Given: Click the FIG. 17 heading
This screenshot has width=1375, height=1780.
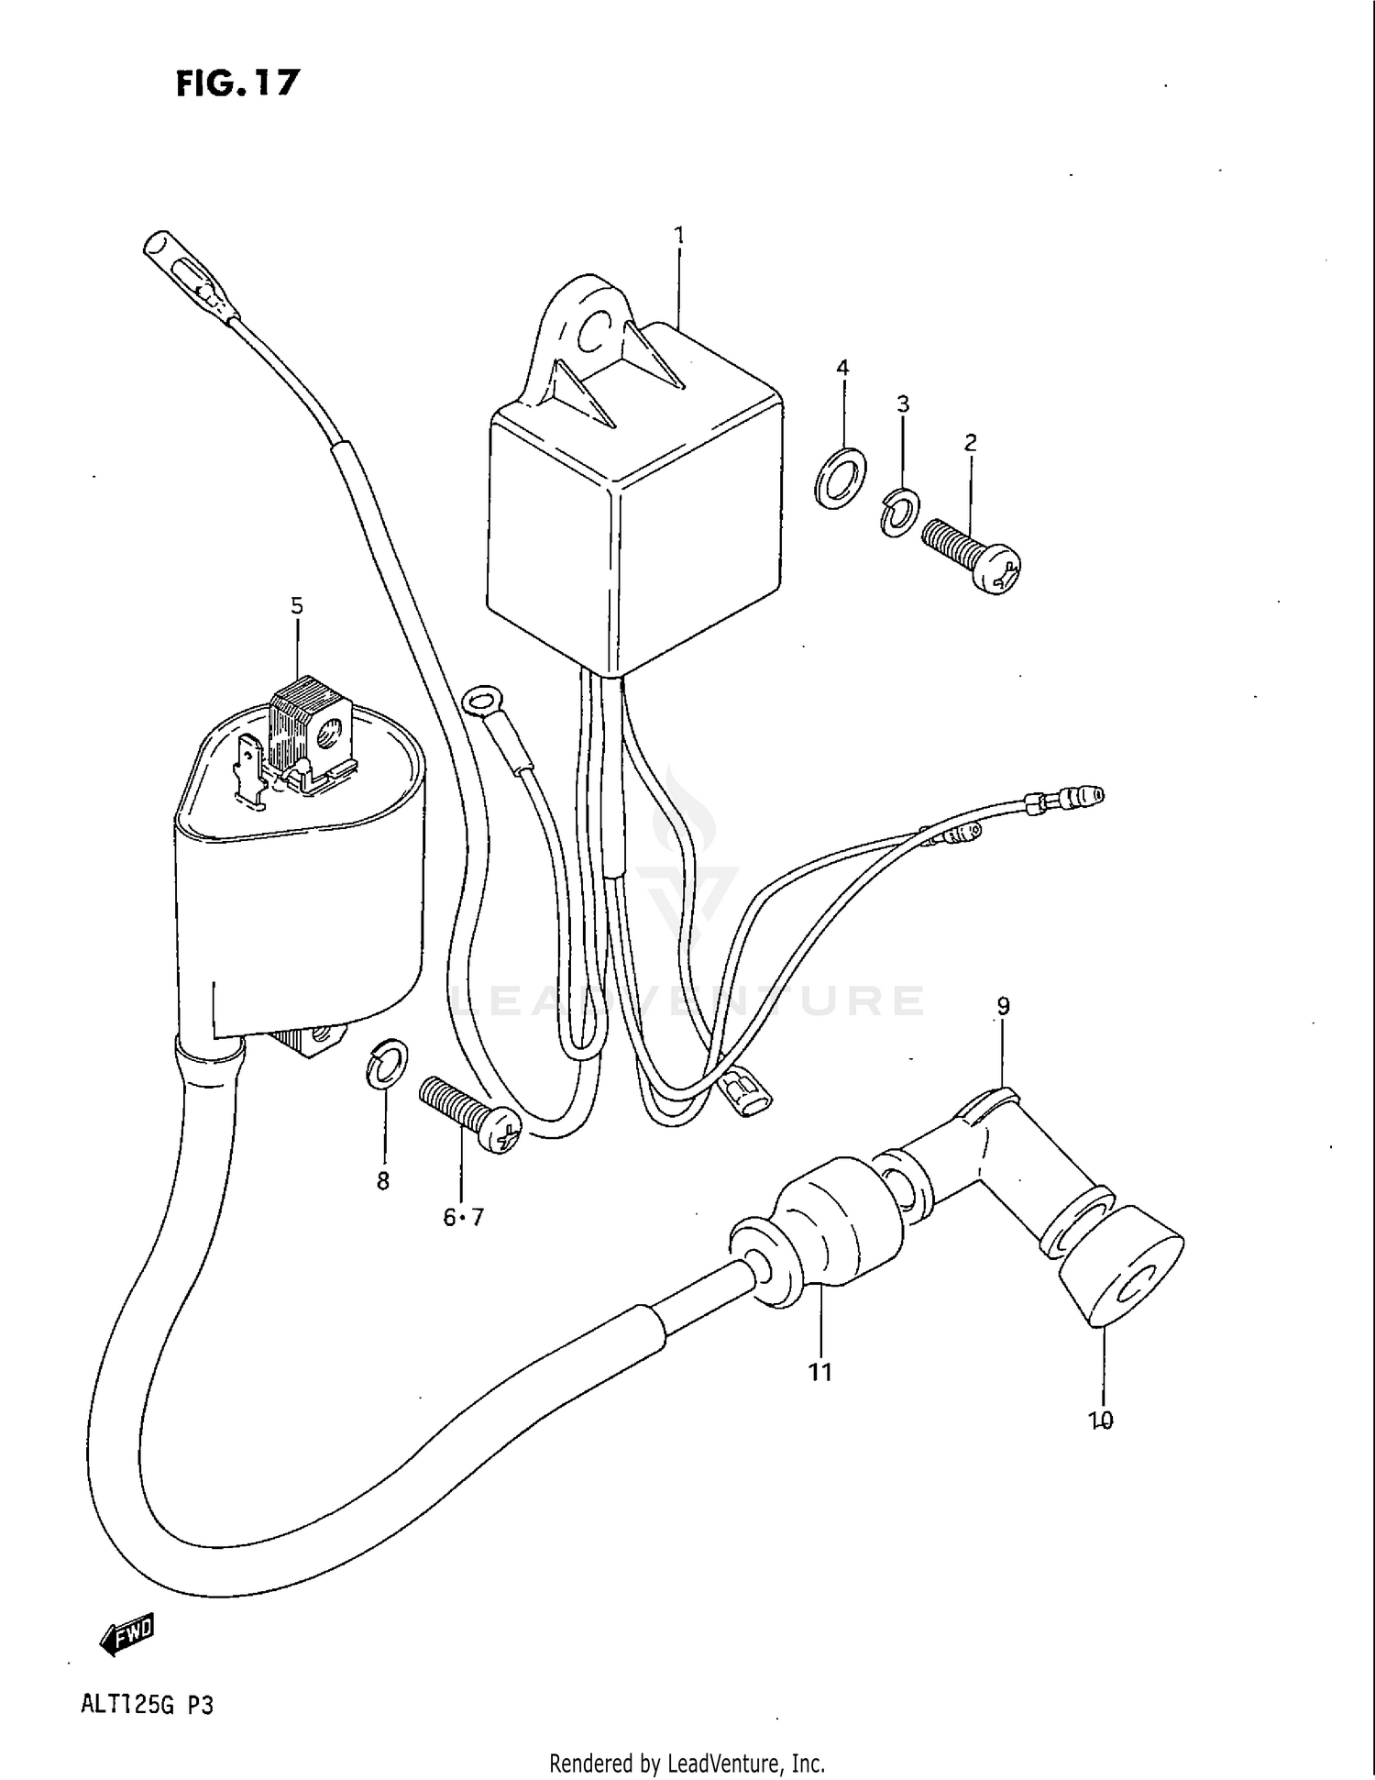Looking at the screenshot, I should click(237, 83).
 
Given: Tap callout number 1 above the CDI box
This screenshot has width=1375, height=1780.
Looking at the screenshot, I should click(679, 236).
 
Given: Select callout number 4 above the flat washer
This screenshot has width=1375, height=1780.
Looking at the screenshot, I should click(841, 368).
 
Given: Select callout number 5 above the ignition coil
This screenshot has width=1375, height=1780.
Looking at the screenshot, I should click(297, 606).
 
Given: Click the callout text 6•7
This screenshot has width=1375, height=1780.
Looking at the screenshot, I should click(463, 1217).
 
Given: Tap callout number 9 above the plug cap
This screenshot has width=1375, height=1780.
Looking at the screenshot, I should click(1003, 1006).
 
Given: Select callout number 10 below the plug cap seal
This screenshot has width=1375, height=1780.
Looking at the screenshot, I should click(1100, 1421).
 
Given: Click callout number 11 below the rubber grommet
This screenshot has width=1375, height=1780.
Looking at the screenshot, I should click(819, 1373).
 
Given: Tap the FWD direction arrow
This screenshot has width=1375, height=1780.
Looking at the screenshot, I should click(126, 1634).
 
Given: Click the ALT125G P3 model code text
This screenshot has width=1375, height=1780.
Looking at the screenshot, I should click(147, 1705).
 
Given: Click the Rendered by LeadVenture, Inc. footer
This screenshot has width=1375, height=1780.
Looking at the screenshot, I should click(687, 1763).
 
